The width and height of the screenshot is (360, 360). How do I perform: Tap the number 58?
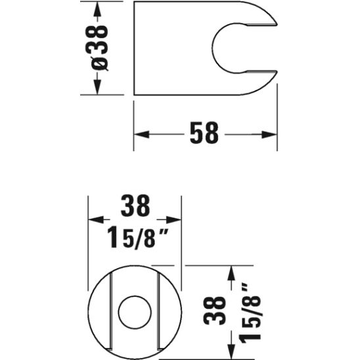coord(203,133)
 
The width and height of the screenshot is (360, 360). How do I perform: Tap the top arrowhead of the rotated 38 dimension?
coord(231,271)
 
